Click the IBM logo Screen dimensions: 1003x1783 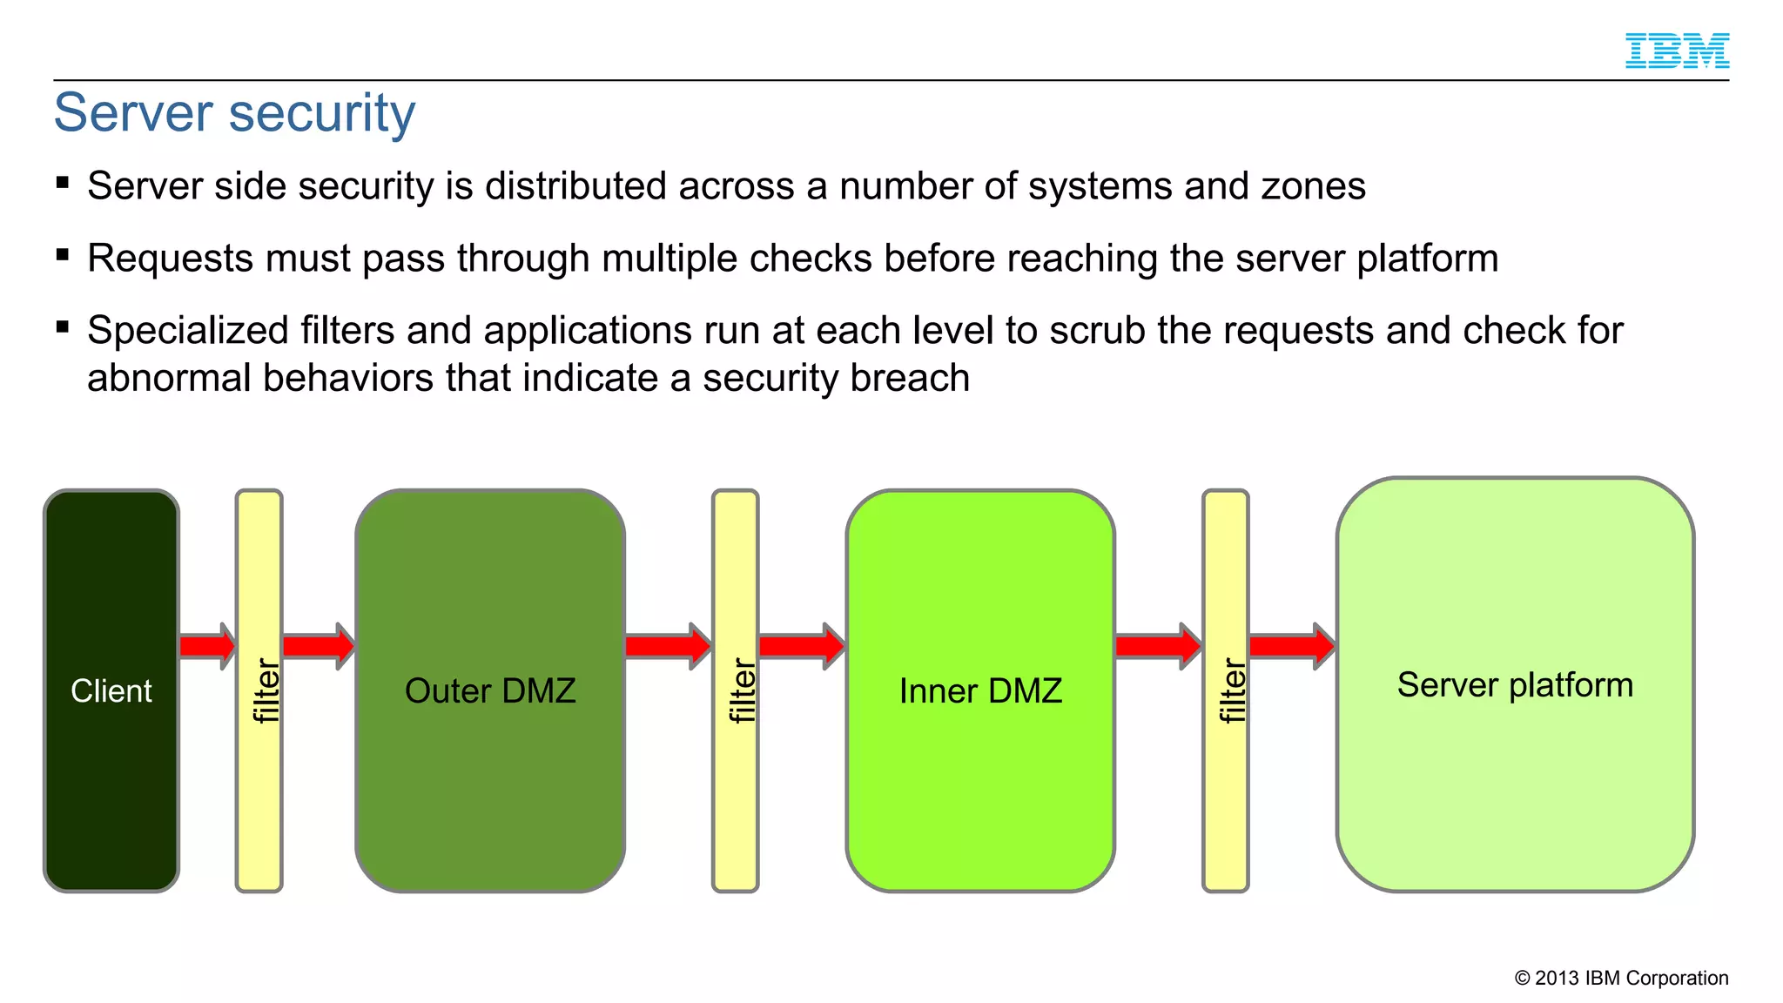[1677, 50]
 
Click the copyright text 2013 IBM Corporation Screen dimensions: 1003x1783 [1622, 978]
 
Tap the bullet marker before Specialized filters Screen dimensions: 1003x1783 [62, 327]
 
